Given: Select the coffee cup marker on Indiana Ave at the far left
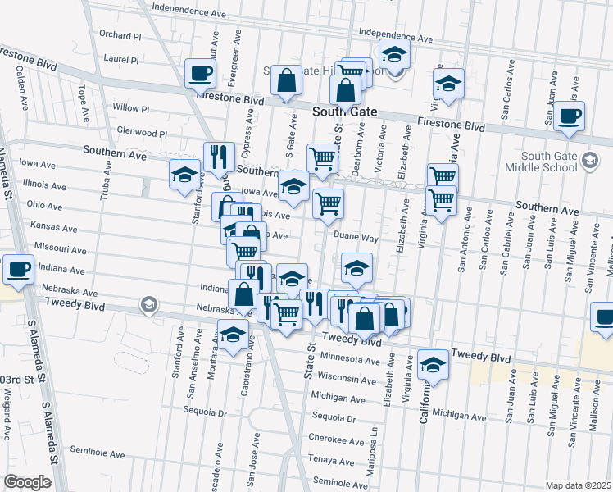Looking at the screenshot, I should tap(18, 267).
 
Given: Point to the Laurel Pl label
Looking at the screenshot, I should tap(121, 60).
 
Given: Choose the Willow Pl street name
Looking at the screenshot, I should tap(131, 108).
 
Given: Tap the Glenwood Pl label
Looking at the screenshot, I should tap(142, 133).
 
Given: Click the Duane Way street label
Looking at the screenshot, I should tap(355, 238).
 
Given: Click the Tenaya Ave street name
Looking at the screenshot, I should tap(329, 459).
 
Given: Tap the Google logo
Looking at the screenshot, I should tap(27, 482).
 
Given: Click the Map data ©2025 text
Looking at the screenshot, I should tap(579, 485).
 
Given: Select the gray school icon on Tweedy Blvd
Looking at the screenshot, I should tap(148, 306).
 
